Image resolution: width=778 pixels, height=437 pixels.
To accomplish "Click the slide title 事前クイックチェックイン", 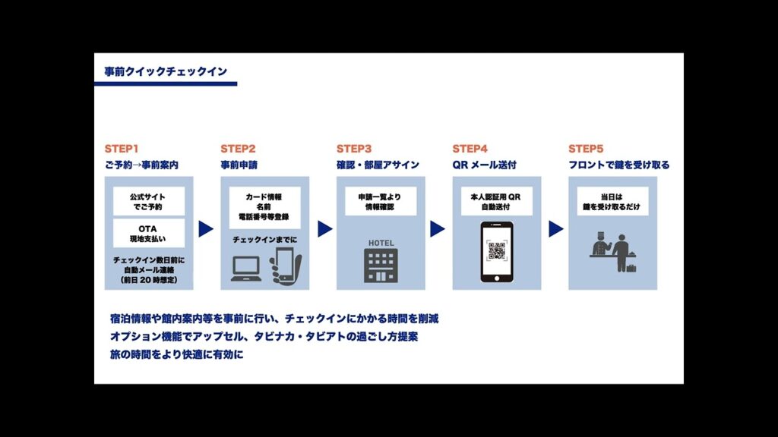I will point(165,72).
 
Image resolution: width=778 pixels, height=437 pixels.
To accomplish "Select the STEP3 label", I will point(354,149).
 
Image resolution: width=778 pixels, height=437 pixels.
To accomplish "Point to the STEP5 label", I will point(586,149).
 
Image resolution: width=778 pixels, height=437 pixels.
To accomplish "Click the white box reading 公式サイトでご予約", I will point(149,200).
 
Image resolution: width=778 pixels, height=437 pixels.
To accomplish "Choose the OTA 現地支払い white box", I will point(149,233).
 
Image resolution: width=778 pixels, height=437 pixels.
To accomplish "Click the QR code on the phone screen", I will point(497,250).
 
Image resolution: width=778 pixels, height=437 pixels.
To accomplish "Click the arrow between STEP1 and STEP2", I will point(206,228).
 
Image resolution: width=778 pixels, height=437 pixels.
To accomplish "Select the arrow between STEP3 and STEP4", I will point(437,228).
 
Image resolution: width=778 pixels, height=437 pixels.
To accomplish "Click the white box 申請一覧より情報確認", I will point(381,201).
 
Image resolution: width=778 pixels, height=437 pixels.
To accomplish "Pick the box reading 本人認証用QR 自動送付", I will point(497,201).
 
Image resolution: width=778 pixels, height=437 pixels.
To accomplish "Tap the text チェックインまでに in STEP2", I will point(264,239).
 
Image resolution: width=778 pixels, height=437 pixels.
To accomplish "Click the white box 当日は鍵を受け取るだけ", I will point(612,201).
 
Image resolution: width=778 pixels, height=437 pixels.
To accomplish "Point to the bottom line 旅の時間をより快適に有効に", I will point(176,354).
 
